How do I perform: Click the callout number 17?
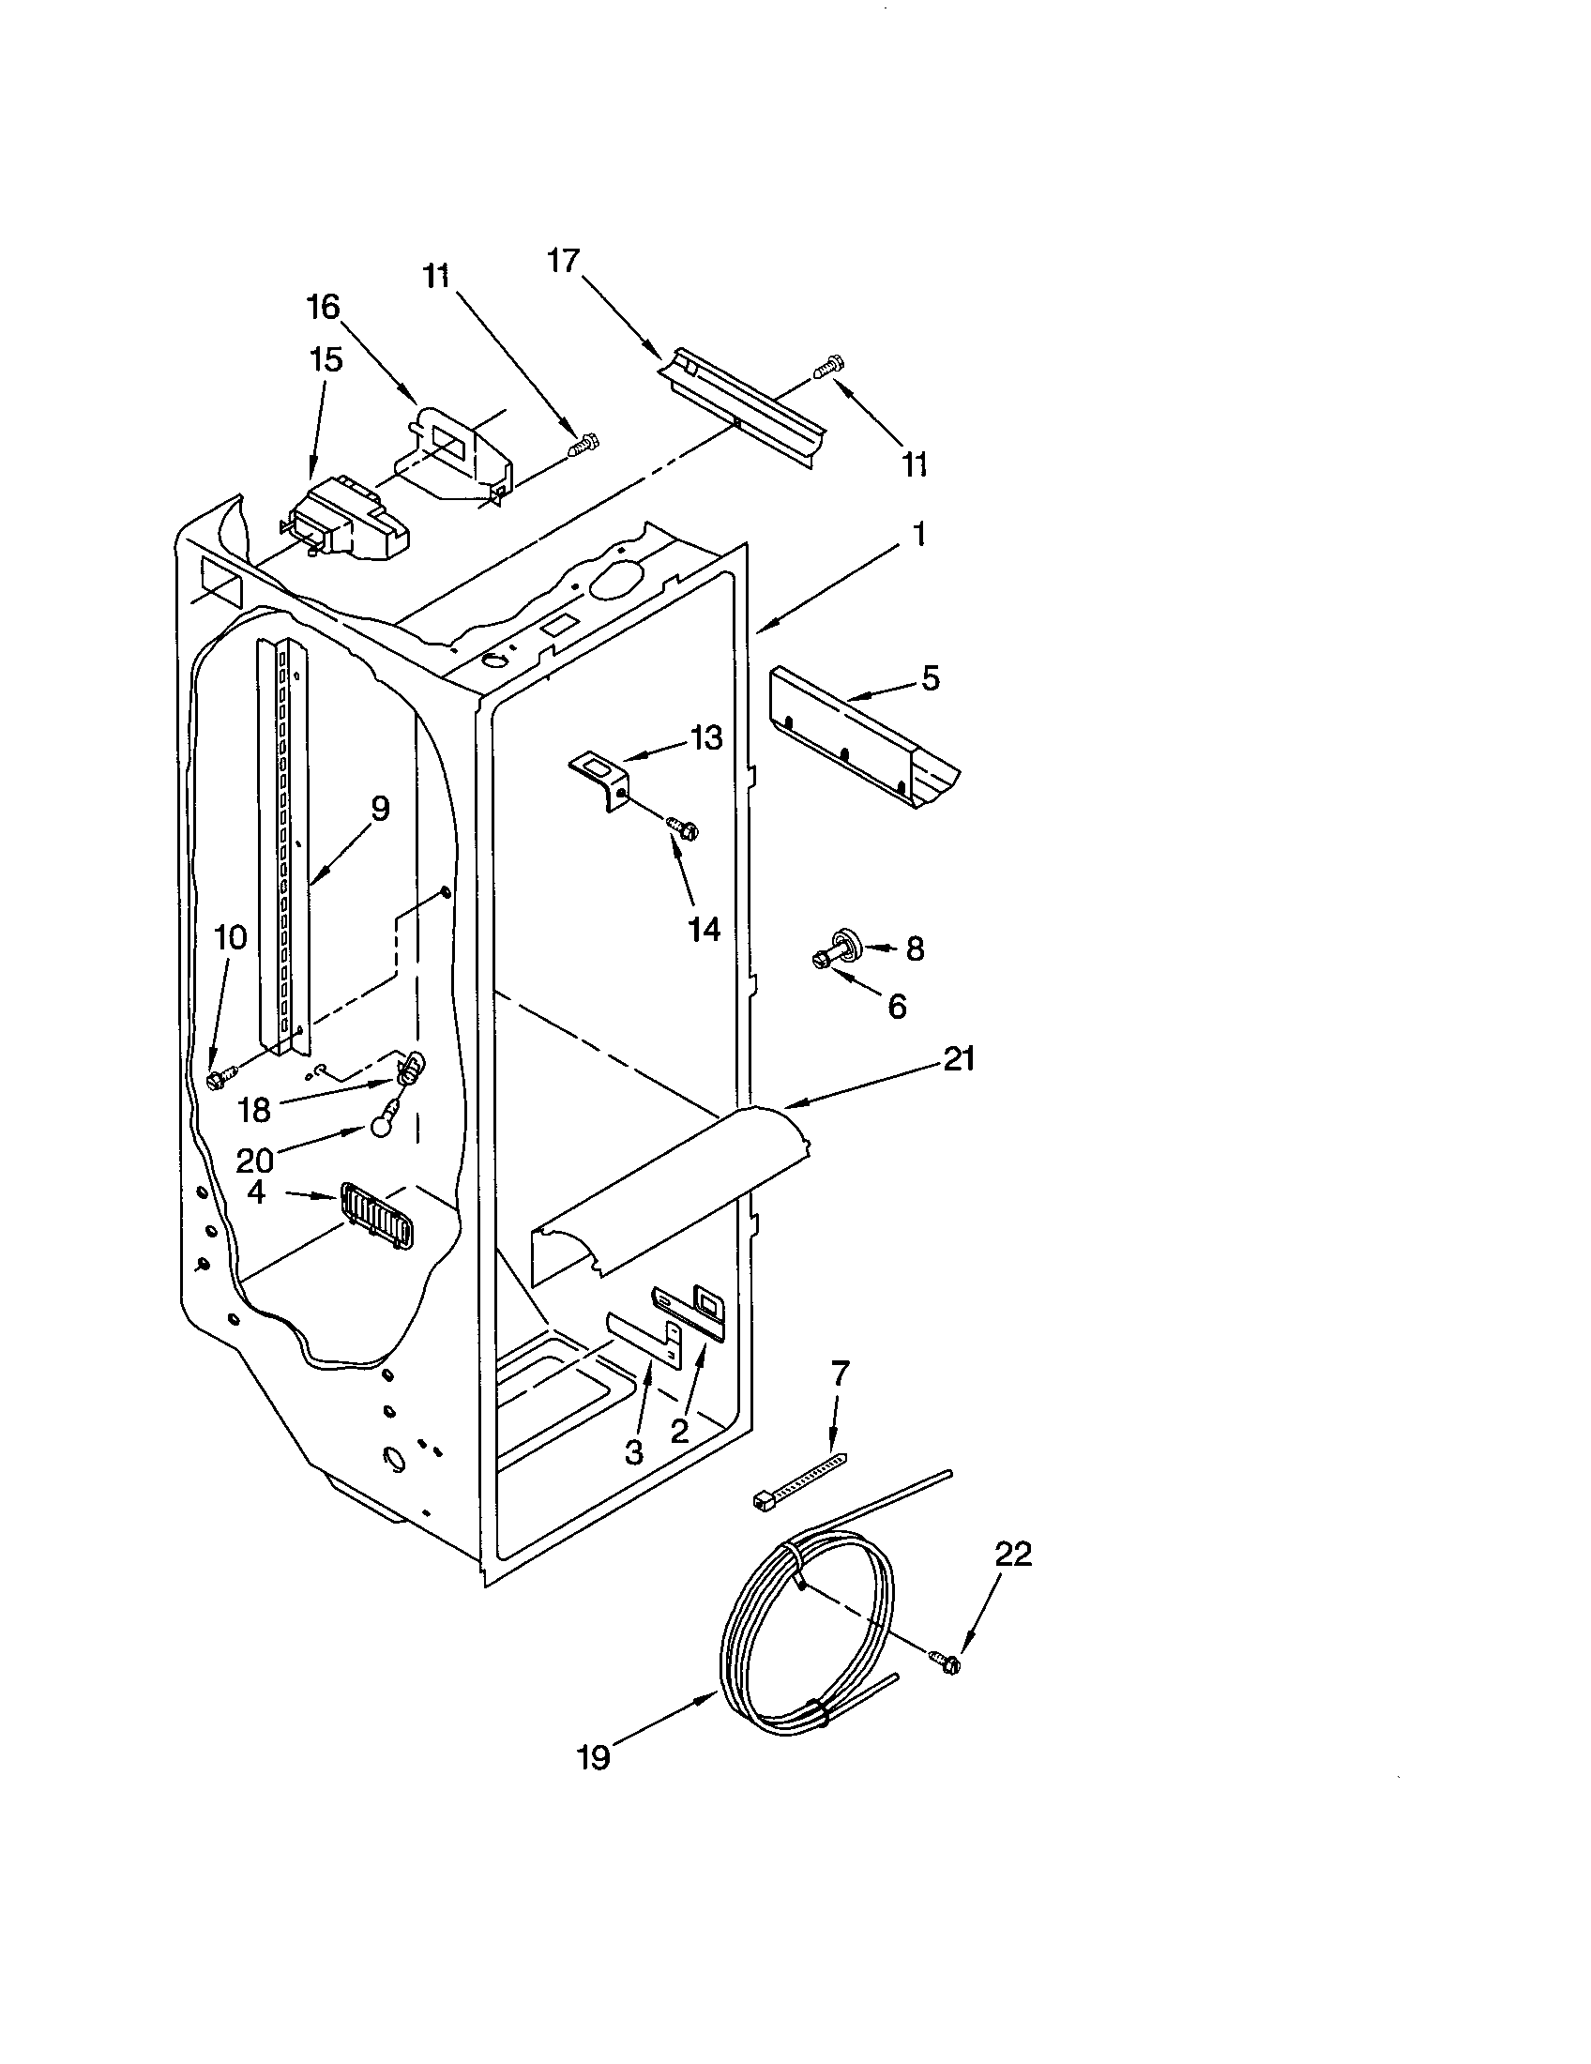563,261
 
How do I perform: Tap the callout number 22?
1011,1555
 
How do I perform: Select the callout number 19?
594,1757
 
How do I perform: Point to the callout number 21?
958,1059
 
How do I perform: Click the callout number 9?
379,809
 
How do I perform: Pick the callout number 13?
705,737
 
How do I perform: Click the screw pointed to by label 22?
945,1661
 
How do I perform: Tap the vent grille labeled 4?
376,1217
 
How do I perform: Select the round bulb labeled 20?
380,1125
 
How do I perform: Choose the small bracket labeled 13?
601,770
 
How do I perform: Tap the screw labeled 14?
682,827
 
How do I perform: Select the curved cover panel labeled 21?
661,1195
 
